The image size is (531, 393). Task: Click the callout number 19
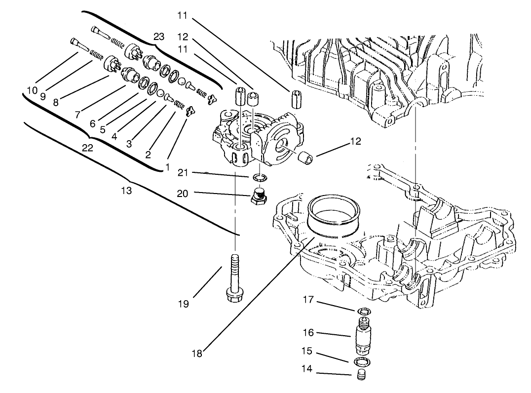183,304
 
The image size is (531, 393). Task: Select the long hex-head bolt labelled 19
233,276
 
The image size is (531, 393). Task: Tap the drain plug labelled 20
259,196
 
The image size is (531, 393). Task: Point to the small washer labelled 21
259,177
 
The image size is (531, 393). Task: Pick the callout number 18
197,353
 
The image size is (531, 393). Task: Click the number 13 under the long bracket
127,191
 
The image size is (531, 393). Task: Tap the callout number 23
159,36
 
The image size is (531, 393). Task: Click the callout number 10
32,91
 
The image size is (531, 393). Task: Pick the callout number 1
168,167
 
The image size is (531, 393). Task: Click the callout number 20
183,194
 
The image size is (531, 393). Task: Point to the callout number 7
77,115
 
